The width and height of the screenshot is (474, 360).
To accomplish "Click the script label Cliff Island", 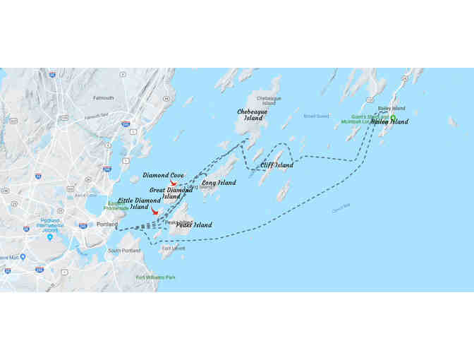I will [276, 164].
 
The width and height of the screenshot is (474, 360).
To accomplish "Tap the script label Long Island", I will [219, 183].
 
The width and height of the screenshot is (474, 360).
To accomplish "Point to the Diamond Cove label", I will [164, 174].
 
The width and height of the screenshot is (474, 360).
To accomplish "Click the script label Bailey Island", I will [389, 121].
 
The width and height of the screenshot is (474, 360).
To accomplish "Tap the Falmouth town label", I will [103, 98].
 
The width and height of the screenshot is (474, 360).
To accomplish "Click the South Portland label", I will [124, 251].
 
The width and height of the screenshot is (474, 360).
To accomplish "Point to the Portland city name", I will [107, 224].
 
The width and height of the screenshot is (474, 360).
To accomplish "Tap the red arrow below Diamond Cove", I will [174, 184].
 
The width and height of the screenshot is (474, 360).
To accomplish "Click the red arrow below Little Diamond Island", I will [155, 212].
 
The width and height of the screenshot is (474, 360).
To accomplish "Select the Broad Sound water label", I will [316, 116].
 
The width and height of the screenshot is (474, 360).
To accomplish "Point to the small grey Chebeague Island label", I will [268, 100].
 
